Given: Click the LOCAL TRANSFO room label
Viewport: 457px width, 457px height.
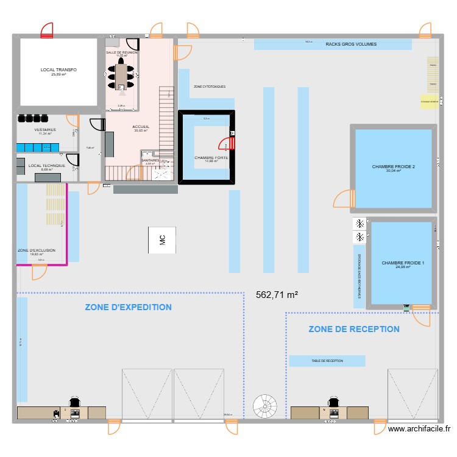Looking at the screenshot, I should point(58,71).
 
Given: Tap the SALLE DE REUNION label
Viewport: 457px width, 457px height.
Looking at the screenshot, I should point(122,53).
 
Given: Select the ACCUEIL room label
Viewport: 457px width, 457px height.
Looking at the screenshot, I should point(141,127).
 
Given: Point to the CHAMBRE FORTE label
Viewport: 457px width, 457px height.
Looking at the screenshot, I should point(207,158).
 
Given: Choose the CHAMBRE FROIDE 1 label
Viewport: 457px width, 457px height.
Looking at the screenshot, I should point(402,263).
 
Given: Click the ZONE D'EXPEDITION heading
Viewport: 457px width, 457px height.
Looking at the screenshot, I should point(128,307).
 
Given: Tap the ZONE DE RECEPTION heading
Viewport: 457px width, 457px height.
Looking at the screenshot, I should point(354,329).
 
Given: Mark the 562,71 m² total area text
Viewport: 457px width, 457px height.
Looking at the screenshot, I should point(277,295).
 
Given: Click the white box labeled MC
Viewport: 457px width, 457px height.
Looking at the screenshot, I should point(162,240).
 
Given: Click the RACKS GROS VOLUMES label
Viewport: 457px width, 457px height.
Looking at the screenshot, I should point(350,44).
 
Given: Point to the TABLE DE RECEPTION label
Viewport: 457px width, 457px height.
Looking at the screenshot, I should point(327,361).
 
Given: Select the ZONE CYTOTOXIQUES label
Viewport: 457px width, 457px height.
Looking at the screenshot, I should point(209,87).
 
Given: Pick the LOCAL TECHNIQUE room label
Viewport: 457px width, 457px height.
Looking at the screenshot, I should point(46,166).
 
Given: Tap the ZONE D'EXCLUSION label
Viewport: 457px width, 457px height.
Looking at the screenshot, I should point(37,250).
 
